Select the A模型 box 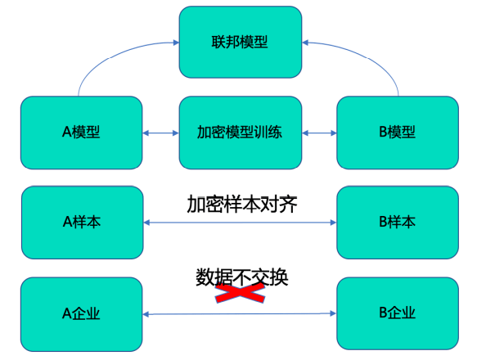coord(81,133)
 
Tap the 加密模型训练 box coord(240,133)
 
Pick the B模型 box coord(398,133)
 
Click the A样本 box coord(81,222)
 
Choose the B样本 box coord(398,222)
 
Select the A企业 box coord(81,313)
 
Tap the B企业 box coord(398,313)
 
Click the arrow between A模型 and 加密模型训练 coord(160,133)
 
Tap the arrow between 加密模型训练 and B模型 coord(319,133)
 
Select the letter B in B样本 coord(383,222)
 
